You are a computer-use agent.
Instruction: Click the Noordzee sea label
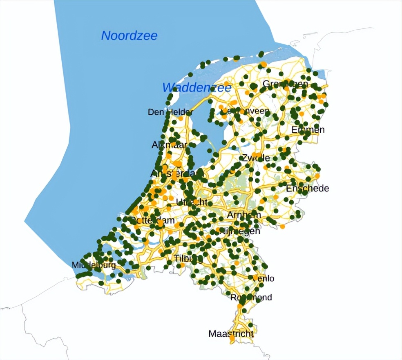(129, 36)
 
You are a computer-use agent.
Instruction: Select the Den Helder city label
(170, 112)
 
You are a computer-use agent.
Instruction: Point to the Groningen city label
(285, 84)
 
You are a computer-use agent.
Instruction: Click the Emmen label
(308, 130)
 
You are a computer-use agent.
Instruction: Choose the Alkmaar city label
(170, 145)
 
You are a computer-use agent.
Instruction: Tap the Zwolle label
(256, 158)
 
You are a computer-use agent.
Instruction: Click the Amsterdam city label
(176, 173)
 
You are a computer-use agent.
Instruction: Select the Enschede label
(307, 189)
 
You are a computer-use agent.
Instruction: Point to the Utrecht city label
(194, 202)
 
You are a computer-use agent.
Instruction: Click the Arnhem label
(244, 215)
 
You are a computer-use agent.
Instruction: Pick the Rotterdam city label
(153, 220)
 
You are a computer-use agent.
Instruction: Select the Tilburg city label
(188, 258)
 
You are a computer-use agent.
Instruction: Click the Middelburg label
(94, 265)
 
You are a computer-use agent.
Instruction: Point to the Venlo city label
(264, 278)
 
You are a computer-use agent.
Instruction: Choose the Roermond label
(251, 298)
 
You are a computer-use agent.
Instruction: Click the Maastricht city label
(231, 333)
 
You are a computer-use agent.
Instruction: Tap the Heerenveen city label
(244, 111)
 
